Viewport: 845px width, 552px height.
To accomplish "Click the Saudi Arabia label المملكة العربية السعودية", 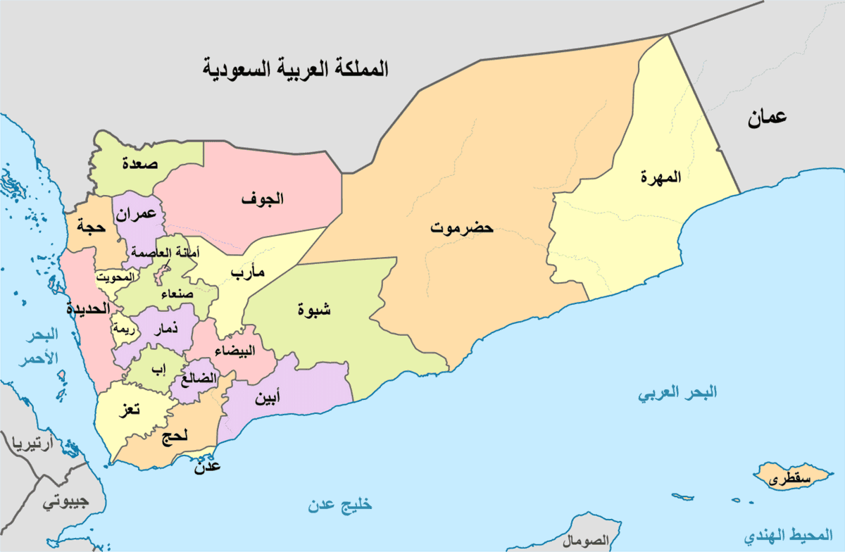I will tap(296, 70).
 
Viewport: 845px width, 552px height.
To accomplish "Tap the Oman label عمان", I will tap(767, 119).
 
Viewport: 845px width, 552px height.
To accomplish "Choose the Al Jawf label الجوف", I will tap(262, 199).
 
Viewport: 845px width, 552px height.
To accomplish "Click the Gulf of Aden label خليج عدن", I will tap(339, 505).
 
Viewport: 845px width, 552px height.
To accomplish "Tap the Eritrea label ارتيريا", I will tap(28, 444).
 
